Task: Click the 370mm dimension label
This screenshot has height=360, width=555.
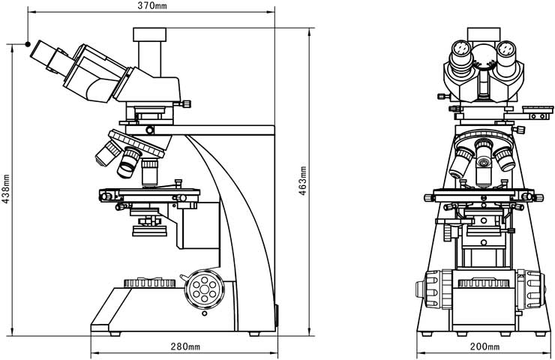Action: pyautogui.click(x=152, y=7)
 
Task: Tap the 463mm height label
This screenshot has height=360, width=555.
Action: pyautogui.click(x=303, y=181)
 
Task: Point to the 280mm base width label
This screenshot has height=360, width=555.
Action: pyautogui.click(x=184, y=346)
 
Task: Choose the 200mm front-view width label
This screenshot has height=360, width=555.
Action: pyautogui.click(x=484, y=346)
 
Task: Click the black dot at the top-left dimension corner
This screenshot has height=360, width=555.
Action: pyautogui.click(x=28, y=42)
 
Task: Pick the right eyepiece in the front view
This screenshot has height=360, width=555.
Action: pyautogui.click(x=506, y=52)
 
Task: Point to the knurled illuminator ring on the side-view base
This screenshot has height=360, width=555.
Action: pyautogui.click(x=150, y=283)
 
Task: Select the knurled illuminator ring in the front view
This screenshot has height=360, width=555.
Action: pyautogui.click(x=484, y=284)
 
